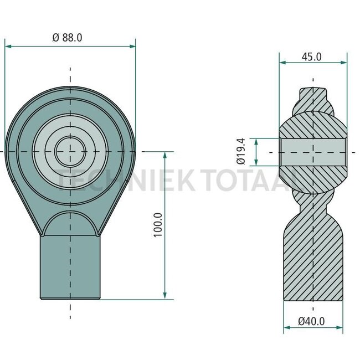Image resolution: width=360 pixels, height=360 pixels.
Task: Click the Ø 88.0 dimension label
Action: [x=67, y=38]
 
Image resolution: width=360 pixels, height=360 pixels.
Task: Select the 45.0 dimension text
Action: [x=312, y=57]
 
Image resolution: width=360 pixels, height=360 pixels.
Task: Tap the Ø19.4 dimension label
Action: [x=241, y=151]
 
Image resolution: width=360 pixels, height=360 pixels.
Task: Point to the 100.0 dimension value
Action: [x=158, y=225]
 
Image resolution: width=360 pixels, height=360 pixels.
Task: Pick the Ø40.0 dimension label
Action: [x=311, y=321]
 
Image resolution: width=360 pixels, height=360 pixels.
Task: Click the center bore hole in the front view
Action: [x=70, y=152]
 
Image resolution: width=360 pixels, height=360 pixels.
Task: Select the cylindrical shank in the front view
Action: [x=70, y=268]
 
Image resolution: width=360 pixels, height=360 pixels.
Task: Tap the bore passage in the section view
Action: [x=313, y=152]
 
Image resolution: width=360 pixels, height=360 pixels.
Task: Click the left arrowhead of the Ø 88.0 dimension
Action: [x=8, y=47]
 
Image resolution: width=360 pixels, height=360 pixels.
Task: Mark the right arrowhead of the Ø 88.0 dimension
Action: [x=132, y=47]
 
